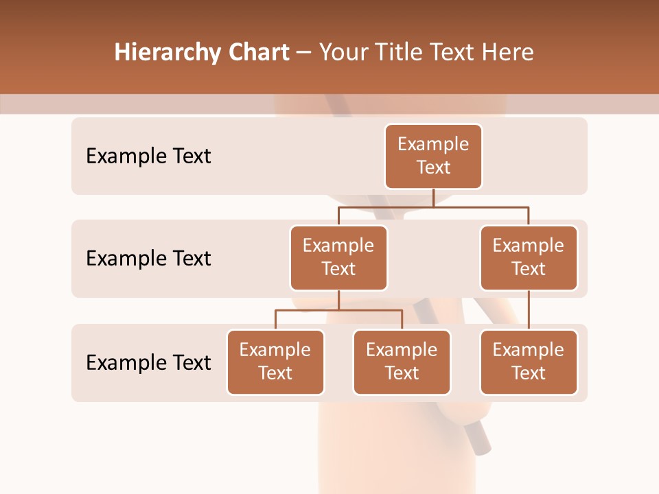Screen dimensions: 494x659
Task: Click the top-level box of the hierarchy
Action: click(433, 156)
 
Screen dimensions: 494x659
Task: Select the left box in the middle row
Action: click(338, 257)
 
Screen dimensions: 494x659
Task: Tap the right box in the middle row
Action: click(529, 257)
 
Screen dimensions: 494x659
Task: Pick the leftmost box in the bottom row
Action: click(275, 362)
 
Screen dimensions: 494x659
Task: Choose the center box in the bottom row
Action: click(402, 362)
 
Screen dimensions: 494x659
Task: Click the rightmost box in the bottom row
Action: click(529, 362)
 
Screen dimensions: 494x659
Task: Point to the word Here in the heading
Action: click(509, 53)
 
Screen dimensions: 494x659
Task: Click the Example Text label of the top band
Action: click(148, 156)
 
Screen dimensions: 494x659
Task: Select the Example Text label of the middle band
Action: click(148, 259)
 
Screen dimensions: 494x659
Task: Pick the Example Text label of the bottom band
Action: click(148, 362)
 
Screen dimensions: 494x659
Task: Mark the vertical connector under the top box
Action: click(433, 198)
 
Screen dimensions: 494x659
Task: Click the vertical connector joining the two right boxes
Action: click(529, 310)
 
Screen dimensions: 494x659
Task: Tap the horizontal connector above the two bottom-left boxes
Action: click(338, 310)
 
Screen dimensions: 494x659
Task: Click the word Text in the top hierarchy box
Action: click(433, 167)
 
